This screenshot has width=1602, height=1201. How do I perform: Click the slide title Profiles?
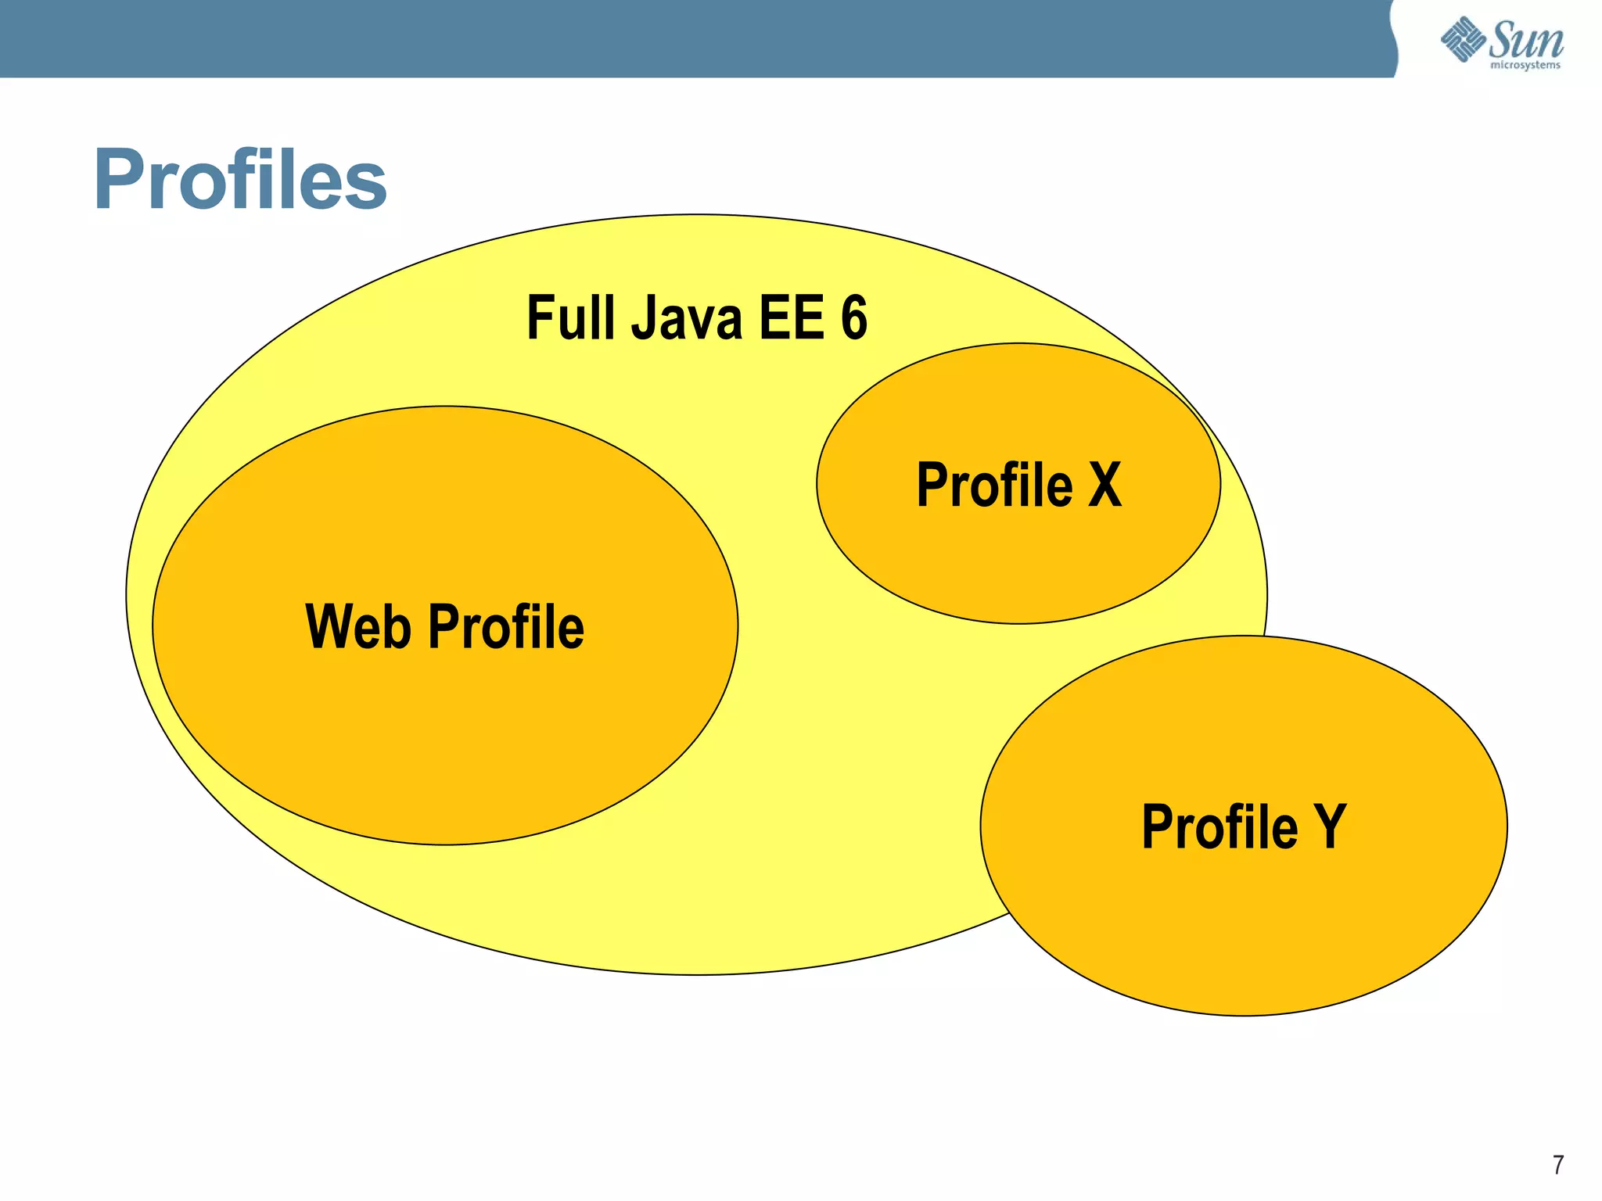[x=240, y=180]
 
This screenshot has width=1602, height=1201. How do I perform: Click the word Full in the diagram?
[x=568, y=317]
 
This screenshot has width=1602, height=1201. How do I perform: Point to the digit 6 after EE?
[x=854, y=317]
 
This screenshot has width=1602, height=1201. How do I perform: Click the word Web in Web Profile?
[x=357, y=627]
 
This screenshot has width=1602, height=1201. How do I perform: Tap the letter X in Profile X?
[x=1105, y=485]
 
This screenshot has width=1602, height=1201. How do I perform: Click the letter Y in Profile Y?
[x=1330, y=826]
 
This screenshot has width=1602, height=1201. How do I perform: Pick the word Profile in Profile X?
[x=994, y=485]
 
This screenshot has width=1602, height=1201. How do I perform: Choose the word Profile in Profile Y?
[x=1219, y=826]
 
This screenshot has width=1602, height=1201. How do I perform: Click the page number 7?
[x=1558, y=1165]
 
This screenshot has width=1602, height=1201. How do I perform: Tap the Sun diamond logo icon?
[x=1463, y=39]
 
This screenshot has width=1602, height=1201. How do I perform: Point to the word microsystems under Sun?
[x=1525, y=66]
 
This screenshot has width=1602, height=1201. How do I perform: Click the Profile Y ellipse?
[x=1244, y=938]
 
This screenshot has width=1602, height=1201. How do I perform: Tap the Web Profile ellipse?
[x=444, y=743]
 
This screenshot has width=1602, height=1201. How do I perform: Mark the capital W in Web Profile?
[x=329, y=627]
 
